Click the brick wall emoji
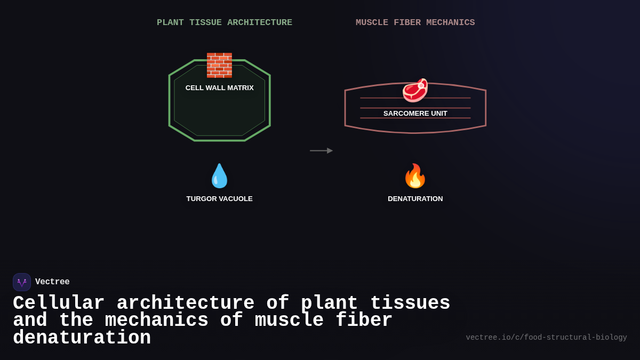219,66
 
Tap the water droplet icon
219,176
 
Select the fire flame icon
415,176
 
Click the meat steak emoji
415,90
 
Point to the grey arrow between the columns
321,151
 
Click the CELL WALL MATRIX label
219,88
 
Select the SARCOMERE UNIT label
415,114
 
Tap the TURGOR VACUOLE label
219,199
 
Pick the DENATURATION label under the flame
415,199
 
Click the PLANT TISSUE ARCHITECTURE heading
224,23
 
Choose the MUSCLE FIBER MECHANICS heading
415,23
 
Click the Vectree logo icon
22,282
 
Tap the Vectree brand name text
52,282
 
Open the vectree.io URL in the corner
546,338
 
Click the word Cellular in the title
59,303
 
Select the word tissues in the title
410,303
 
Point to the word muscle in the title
289,321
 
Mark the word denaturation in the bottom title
82,338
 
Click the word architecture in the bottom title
186,303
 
